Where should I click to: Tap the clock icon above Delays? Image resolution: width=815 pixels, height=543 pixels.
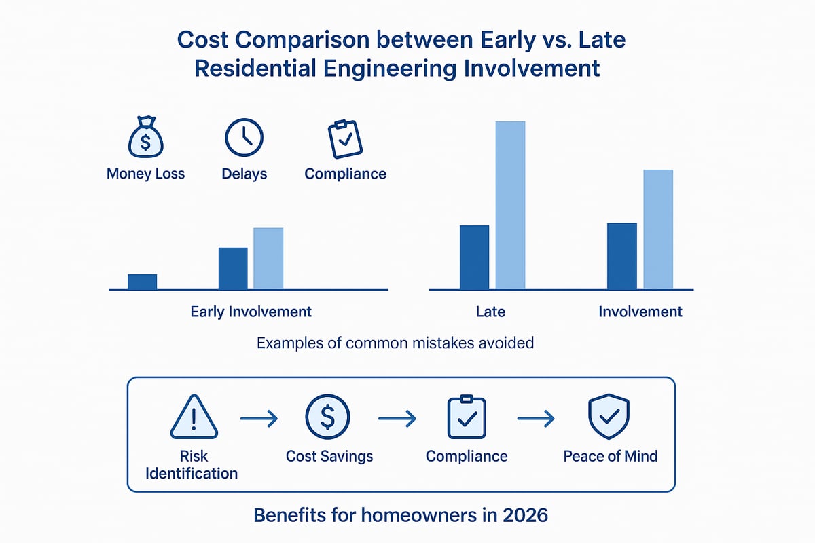(x=243, y=138)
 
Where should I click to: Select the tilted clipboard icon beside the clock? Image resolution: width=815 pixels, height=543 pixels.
(x=345, y=138)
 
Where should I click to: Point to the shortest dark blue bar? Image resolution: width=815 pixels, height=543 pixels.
(x=142, y=282)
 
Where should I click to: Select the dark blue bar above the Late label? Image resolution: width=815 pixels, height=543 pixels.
(x=474, y=257)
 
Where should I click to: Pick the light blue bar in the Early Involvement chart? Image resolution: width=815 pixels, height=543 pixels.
(x=268, y=259)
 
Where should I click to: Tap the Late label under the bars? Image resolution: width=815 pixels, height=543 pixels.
(x=490, y=312)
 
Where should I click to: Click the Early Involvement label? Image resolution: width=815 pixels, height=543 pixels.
(x=251, y=312)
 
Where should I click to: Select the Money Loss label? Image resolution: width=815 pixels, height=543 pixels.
(x=145, y=174)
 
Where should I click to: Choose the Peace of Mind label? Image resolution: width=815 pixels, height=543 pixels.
(x=610, y=456)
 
